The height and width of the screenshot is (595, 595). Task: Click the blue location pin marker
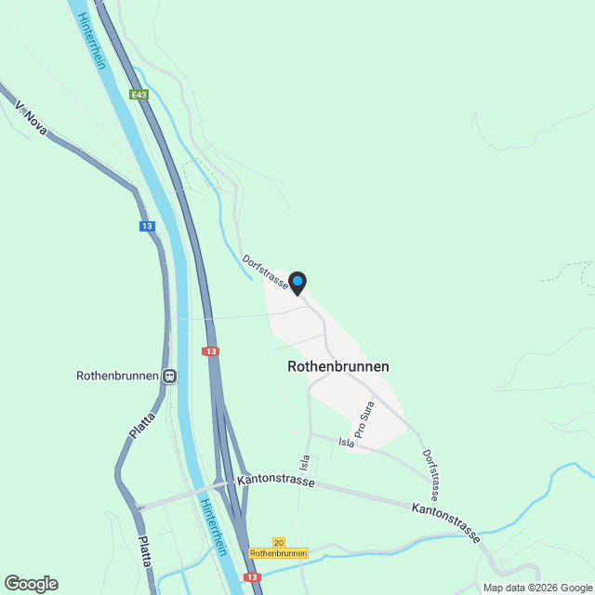coord(297,282)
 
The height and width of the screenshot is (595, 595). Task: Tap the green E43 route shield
coord(139,95)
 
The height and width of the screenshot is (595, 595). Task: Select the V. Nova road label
coord(32,119)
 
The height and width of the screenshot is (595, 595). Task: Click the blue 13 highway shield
coord(147,226)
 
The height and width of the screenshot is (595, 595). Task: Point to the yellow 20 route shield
coord(279,542)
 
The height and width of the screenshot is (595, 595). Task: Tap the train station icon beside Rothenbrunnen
coord(169,377)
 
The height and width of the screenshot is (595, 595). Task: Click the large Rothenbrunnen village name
coord(338,366)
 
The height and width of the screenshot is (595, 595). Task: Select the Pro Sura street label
coord(364,421)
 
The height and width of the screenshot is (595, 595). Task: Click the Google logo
coord(30,583)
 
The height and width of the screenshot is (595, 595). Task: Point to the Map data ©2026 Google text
coord(536,587)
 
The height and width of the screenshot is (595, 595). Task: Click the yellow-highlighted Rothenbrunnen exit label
coord(279,553)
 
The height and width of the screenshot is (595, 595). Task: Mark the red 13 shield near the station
coord(211,351)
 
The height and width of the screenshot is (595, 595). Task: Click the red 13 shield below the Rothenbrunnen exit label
coord(252,577)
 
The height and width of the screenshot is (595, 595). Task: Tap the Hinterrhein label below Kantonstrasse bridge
coord(213,525)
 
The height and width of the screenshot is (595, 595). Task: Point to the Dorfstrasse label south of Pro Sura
coord(430,473)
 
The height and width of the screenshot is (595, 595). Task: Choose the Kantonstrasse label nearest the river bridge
coord(275,482)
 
